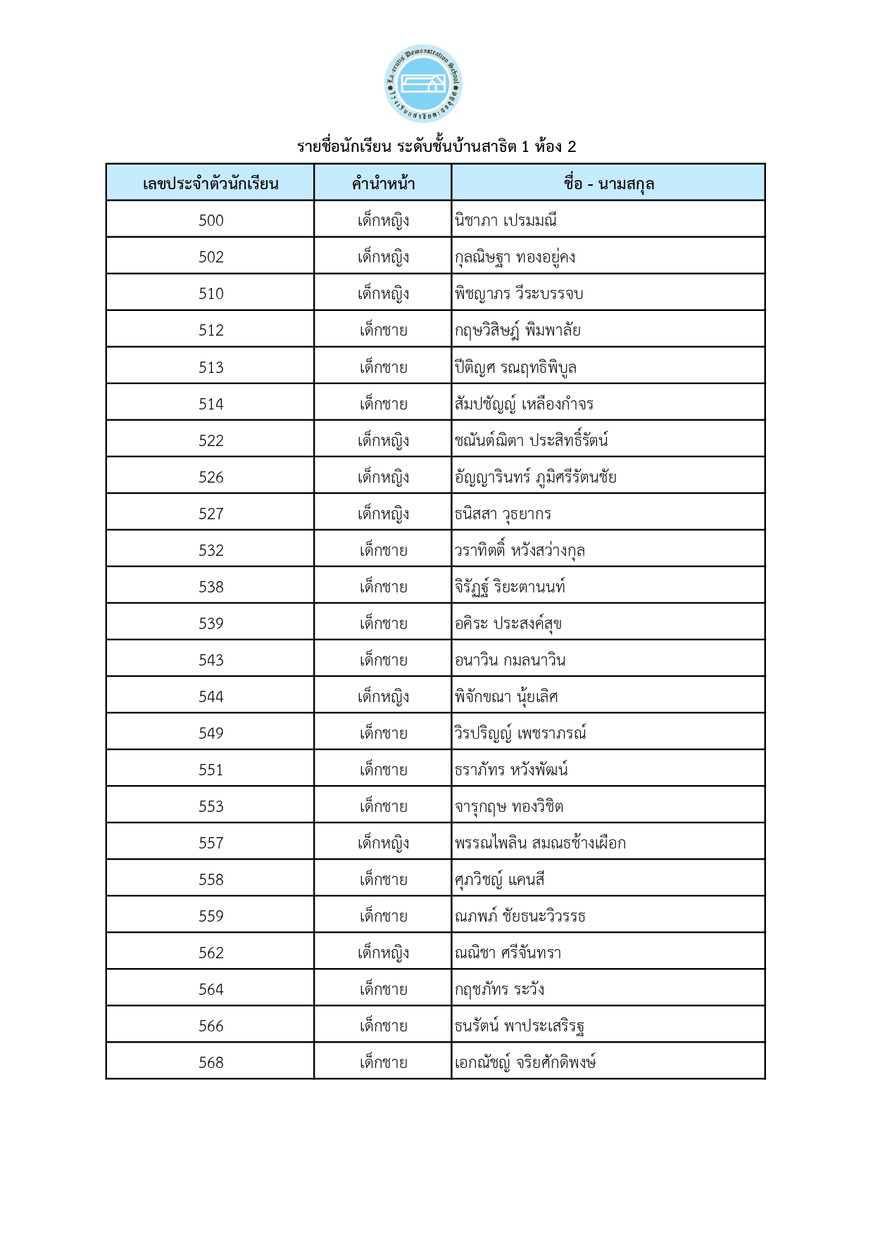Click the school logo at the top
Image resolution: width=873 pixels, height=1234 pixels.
(x=423, y=84)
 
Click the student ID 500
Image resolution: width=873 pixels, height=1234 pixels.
(x=211, y=220)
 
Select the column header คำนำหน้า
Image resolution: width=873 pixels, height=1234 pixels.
(x=383, y=184)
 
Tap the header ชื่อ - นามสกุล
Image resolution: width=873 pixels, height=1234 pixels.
(x=608, y=184)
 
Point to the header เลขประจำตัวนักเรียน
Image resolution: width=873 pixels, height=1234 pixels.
(x=211, y=184)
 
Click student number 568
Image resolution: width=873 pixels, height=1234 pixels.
(x=211, y=1062)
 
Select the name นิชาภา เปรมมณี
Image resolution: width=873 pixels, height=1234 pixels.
(x=505, y=220)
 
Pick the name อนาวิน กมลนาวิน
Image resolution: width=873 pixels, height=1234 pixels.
(x=510, y=660)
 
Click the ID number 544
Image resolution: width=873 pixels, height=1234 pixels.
(x=211, y=696)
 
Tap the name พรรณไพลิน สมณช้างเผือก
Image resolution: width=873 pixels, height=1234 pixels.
(x=540, y=843)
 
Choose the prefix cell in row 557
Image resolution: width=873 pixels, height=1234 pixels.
(x=383, y=843)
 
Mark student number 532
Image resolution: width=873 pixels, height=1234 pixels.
(x=211, y=550)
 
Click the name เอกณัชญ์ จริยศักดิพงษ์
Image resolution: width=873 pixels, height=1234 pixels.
(x=525, y=1062)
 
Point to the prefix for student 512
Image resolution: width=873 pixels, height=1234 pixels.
(x=383, y=330)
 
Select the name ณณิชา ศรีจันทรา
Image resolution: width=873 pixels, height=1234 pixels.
(x=508, y=953)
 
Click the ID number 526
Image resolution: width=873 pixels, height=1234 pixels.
(x=211, y=477)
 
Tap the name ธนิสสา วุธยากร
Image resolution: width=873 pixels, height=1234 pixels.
(x=503, y=514)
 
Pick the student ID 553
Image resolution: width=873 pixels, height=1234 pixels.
(x=211, y=806)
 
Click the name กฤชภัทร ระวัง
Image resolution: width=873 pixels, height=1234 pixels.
(x=499, y=989)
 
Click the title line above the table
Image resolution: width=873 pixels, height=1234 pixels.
(x=436, y=146)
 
